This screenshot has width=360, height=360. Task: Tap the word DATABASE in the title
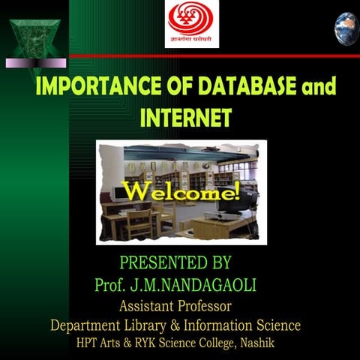pyautogui.click(x=240, y=86)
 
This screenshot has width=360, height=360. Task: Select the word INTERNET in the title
pyautogui.click(x=185, y=118)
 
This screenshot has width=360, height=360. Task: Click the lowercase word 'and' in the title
pyautogui.click(x=316, y=88)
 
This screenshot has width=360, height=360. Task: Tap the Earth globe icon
pyautogui.click(x=346, y=27)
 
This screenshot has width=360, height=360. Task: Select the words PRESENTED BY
pyautogui.click(x=175, y=263)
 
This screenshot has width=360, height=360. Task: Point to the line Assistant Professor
pyautogui.click(x=175, y=306)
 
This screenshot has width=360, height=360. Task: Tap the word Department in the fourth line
pyautogui.click(x=86, y=325)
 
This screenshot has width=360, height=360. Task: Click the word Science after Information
pyautogui.click(x=277, y=325)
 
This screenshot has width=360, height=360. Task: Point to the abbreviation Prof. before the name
pyautogui.click(x=112, y=286)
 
